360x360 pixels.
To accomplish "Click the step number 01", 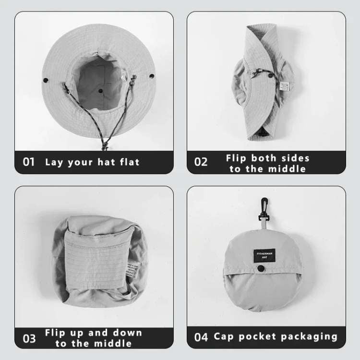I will click(29, 162).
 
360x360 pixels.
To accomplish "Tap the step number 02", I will click(201, 162).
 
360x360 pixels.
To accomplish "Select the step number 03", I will click(29, 338).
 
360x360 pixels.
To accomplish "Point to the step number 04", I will click(201, 337).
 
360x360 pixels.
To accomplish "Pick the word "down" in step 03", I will click(127, 333).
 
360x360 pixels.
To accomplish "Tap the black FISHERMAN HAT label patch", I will click(263, 254).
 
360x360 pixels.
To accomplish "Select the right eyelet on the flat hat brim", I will click(152, 76).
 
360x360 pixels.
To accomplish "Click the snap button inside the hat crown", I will click(100, 90).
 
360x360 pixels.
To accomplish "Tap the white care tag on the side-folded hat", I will click(285, 86).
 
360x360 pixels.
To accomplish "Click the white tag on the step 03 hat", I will click(130, 270).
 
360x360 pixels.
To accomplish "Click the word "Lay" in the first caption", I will click(54, 162).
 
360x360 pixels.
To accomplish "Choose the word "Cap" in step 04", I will click(223, 336).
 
